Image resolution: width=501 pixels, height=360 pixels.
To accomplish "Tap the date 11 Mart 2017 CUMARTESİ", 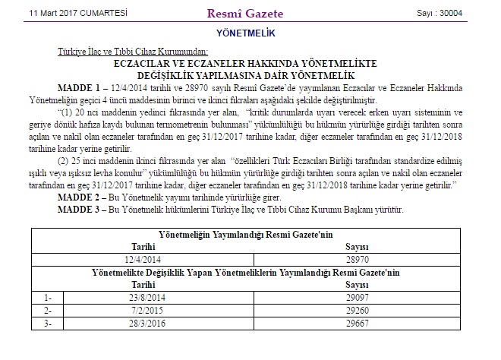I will coord(68,13).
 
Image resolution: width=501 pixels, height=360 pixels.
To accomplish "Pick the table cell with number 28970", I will coord(357,259).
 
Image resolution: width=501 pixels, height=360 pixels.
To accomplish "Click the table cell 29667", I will coord(357,324).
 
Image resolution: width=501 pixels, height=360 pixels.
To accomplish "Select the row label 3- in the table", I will coord(49,324).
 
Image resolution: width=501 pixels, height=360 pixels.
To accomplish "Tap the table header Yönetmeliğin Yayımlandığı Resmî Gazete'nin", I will coord(246,235).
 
